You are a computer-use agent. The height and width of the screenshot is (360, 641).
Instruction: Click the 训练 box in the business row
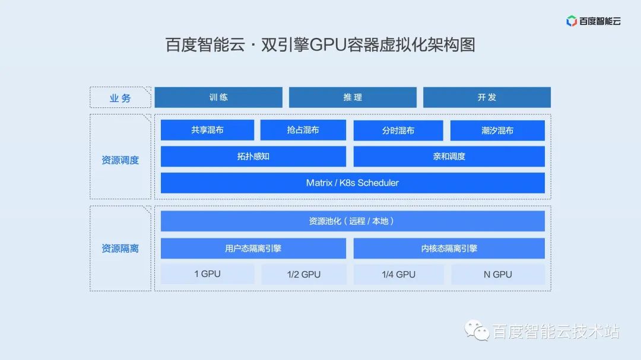tap(218, 97)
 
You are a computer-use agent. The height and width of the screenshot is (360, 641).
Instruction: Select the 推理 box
tap(353, 97)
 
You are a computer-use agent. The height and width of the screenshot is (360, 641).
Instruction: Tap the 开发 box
tap(487, 97)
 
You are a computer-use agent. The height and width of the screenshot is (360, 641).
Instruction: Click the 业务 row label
tap(120, 98)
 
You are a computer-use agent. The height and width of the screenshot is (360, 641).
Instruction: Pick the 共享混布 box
tap(207, 130)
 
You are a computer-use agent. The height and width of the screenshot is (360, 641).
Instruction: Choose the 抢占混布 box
tap(303, 130)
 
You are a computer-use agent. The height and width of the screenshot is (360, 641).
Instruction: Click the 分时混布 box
tap(398, 130)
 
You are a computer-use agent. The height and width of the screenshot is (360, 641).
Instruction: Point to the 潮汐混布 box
tap(497, 130)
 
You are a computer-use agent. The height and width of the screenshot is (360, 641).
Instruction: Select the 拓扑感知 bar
tap(253, 157)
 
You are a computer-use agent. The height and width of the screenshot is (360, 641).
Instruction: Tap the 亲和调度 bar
tap(449, 157)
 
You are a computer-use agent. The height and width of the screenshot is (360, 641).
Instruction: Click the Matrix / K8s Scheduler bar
tap(353, 183)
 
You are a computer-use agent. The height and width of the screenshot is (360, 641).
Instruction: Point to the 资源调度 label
tap(120, 160)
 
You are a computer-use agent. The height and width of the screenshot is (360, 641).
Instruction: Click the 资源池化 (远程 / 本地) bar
tap(353, 221)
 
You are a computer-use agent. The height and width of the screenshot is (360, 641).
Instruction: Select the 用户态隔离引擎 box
tap(253, 249)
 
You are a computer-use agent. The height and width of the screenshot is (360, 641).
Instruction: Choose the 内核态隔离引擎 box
tap(449, 249)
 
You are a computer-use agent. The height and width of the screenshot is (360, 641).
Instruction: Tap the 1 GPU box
tap(208, 274)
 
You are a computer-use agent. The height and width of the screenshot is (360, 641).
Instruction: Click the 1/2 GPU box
tap(304, 274)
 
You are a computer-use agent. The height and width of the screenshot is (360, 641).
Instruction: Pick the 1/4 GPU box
tap(399, 274)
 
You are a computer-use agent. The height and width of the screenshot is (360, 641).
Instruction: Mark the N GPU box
tap(498, 274)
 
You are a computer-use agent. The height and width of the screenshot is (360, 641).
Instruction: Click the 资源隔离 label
tap(120, 249)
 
